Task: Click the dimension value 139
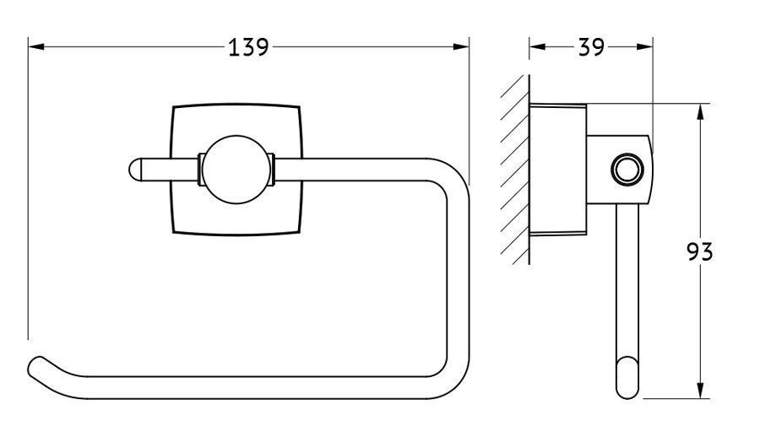pos(248,47)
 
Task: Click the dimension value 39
pos(591,47)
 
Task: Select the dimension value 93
pos(699,251)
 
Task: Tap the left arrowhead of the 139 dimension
pos(36,47)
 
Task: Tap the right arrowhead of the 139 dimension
pos(461,47)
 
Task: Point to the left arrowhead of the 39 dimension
pos(537,47)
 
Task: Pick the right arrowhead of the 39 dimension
pos(644,47)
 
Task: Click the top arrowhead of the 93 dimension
pos(700,112)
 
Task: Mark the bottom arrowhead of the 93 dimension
pos(700,391)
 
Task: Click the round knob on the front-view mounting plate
pos(236,170)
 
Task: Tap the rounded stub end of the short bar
pos(135,170)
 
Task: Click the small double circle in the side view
pos(627,170)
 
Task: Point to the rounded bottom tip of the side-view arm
pos(627,387)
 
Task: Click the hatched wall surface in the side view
pos(515,170)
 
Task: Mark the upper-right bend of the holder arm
pos(453,174)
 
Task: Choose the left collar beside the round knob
pos(201,170)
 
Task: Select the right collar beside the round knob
pos(271,170)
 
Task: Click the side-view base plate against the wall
pos(558,170)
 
